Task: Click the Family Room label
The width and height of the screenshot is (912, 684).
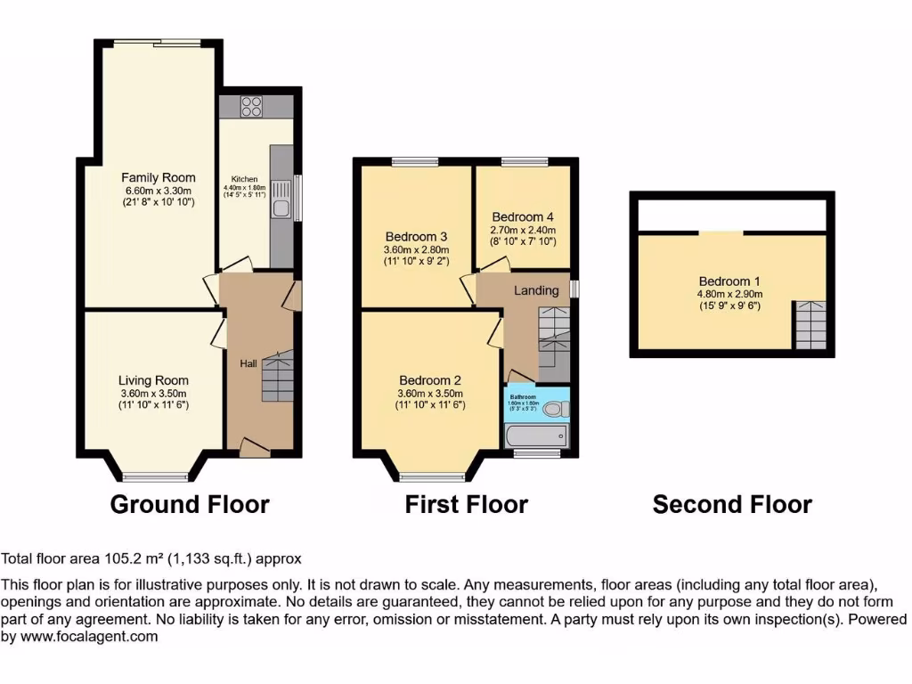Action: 159,177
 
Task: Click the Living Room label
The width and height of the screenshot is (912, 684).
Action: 154,380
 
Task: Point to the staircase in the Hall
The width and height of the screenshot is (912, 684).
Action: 276,378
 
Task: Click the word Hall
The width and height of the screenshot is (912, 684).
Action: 248,363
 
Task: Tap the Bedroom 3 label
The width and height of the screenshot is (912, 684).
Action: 416,236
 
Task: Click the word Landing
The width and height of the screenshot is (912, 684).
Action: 536,290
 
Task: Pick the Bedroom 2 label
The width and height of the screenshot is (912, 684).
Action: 429,380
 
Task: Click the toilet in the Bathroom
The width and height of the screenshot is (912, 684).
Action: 556,410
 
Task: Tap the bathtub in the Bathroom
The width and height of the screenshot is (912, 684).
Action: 535,436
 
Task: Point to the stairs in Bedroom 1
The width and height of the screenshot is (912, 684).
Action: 810,326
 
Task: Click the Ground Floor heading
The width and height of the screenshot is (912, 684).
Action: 190,505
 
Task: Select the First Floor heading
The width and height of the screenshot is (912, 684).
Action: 466,505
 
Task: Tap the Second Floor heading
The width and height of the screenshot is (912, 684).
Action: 732,505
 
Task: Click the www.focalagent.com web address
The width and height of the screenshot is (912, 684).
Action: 87,636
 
